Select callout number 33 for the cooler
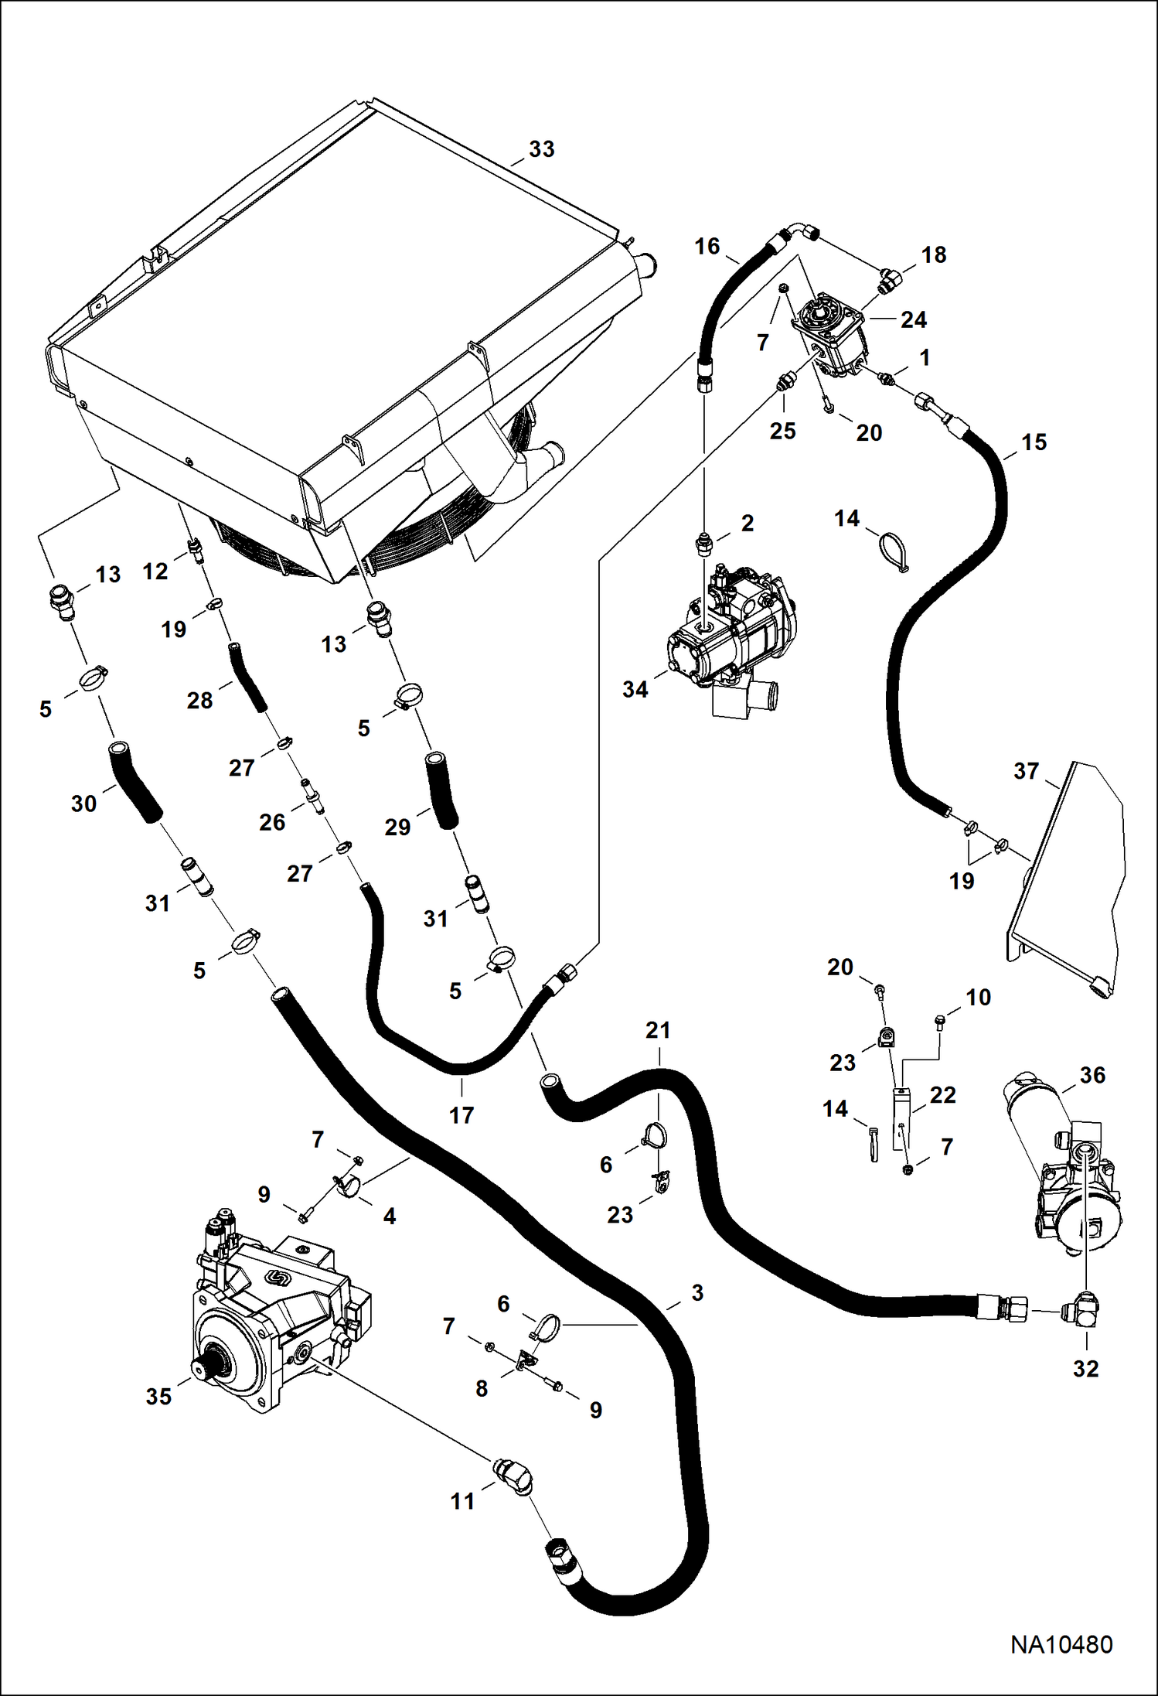point(541,149)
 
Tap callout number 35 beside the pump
point(158,1397)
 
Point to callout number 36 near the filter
point(1092,1075)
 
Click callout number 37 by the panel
point(1026,771)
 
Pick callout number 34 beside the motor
point(635,689)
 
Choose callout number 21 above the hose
point(658,1030)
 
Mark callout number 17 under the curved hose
point(461,1115)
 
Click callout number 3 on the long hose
point(697,1292)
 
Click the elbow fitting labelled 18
point(890,280)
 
